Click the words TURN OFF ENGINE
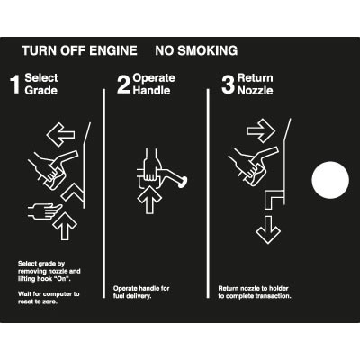[79, 50]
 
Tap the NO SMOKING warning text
[196, 50]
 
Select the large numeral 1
[15, 85]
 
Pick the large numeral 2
[123, 85]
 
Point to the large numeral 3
[228, 85]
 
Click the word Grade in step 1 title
[40, 90]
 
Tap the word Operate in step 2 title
[154, 78]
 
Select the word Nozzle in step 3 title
[255, 90]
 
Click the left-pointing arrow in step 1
[61, 134]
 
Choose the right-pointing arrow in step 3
[261, 130]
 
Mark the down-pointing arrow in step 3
[268, 229]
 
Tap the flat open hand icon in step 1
[45, 211]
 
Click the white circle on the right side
[330, 180]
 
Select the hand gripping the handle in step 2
[152, 166]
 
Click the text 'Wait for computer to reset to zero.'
[49, 298]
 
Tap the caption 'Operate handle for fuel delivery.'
[141, 292]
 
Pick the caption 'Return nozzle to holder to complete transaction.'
[255, 292]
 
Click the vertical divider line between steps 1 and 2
[104, 193]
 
